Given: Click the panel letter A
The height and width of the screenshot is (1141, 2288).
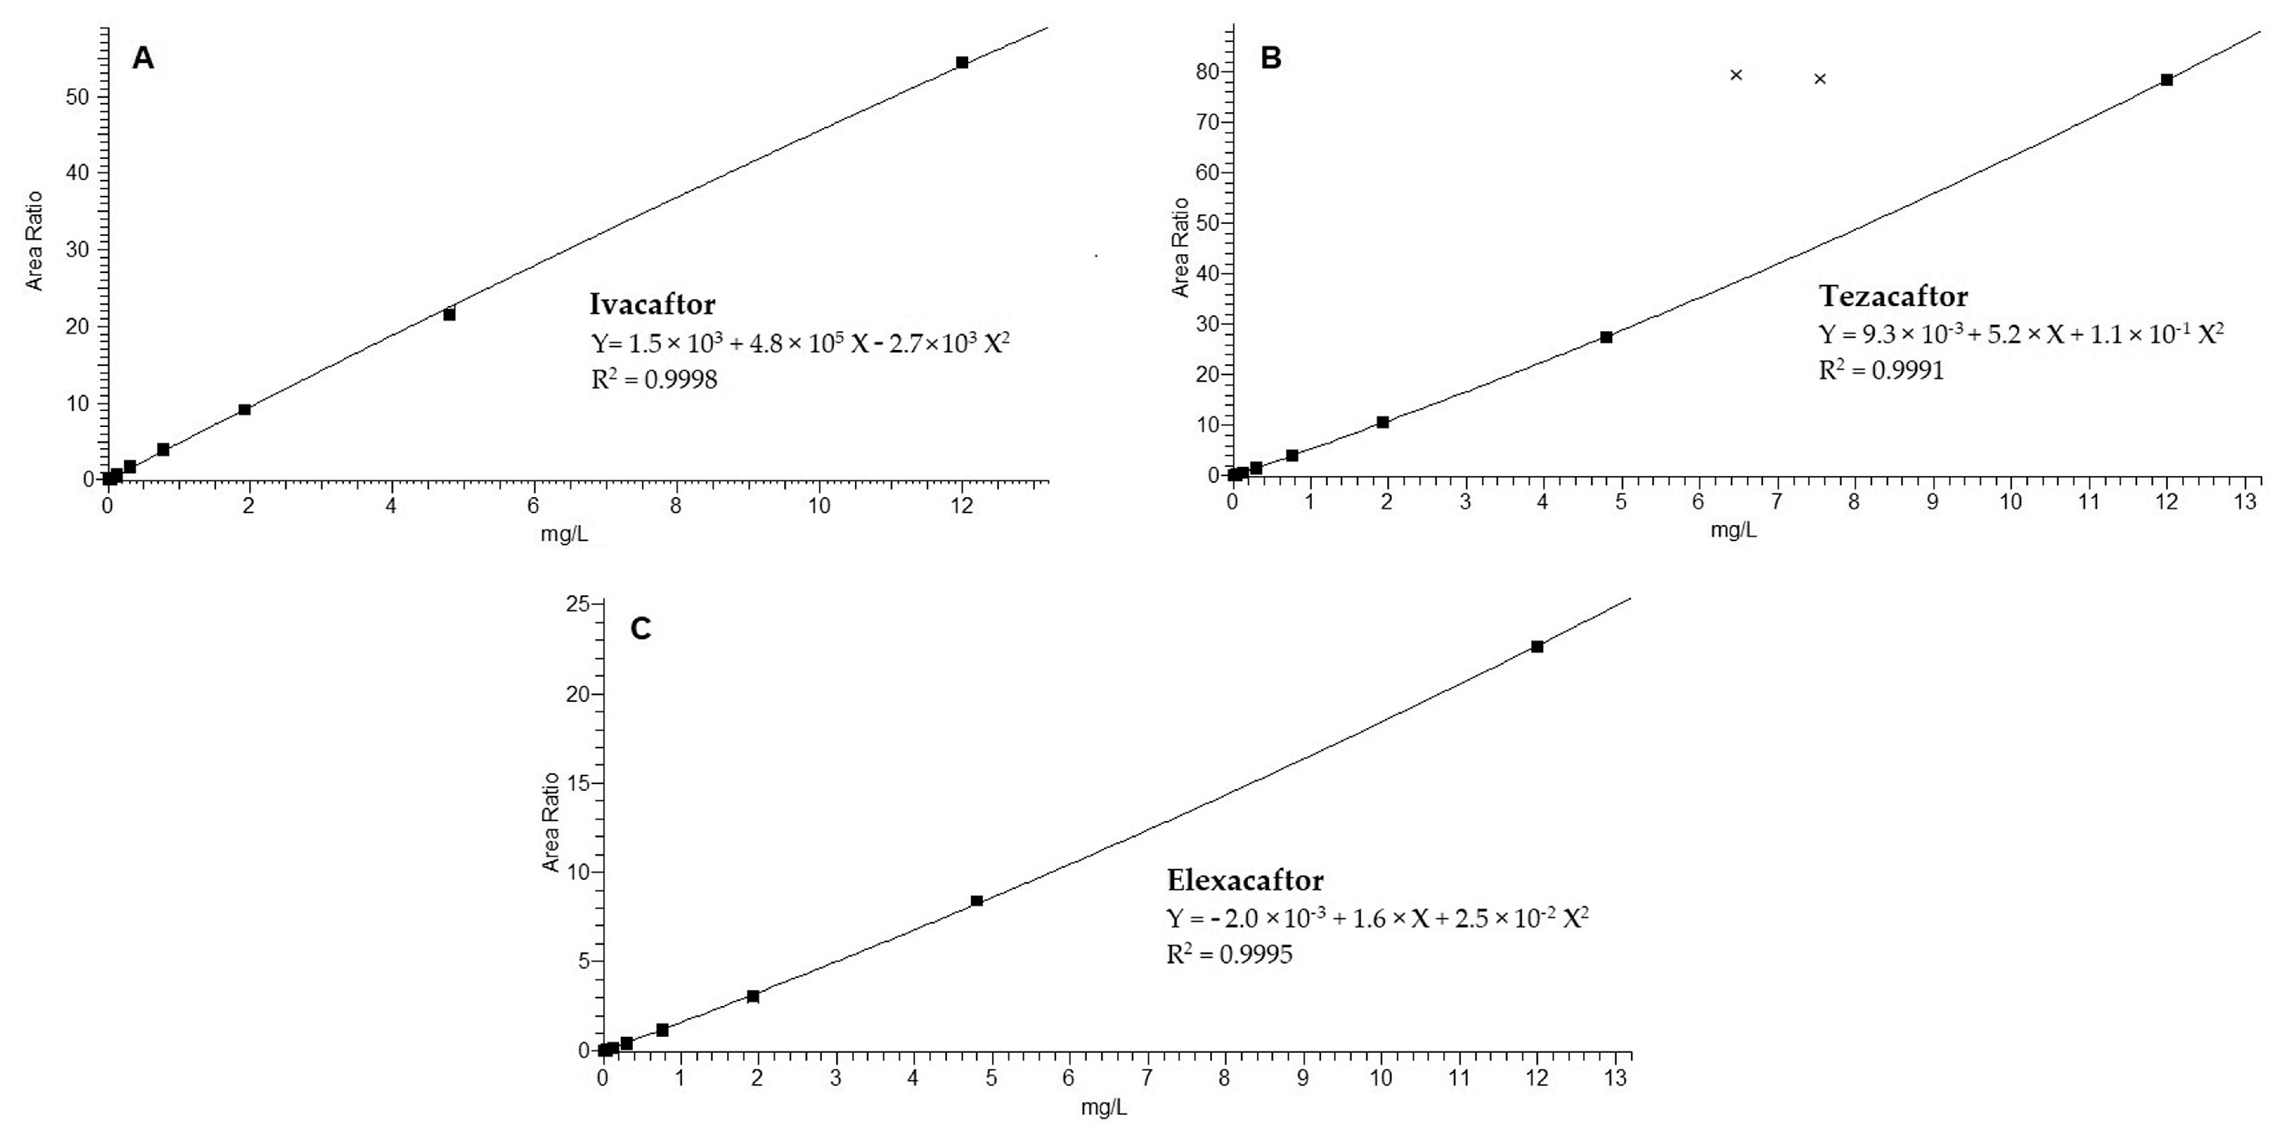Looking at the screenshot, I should click(x=143, y=59).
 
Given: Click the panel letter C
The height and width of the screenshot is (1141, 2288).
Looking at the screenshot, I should click(x=641, y=628).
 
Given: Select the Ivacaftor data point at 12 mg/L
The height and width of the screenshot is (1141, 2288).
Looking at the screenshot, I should click(x=962, y=62).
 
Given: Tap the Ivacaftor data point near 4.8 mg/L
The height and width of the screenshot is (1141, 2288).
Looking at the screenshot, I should click(x=449, y=314).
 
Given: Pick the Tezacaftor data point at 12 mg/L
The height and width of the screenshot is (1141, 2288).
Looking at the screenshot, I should click(x=2166, y=80).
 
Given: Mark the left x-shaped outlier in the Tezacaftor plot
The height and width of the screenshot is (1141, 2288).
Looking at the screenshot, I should click(x=1736, y=75).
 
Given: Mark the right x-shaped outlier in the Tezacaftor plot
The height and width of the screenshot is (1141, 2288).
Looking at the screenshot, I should click(x=1819, y=79).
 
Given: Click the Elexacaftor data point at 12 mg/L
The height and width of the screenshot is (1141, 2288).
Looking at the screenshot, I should click(x=1537, y=647).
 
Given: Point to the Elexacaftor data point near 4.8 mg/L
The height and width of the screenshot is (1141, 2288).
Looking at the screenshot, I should click(x=976, y=901).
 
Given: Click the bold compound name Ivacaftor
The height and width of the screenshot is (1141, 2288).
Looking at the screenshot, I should click(x=652, y=304).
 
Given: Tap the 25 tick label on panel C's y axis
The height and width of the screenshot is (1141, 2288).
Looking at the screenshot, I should click(x=579, y=605).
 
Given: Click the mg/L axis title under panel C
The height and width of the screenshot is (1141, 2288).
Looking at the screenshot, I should click(x=1104, y=1108).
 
